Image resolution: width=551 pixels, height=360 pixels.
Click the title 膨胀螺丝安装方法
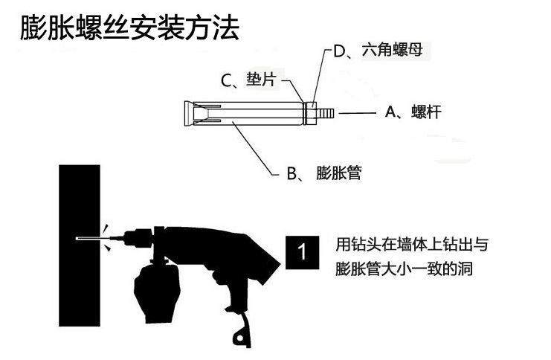click(x=129, y=27)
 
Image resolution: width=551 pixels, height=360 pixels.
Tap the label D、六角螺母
click(x=378, y=51)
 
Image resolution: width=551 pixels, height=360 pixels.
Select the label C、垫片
click(x=249, y=80)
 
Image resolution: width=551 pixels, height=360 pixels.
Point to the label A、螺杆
click(x=413, y=112)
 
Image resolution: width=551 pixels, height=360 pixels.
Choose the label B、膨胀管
click(x=324, y=173)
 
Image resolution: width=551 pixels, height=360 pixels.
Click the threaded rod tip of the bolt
click(x=325, y=113)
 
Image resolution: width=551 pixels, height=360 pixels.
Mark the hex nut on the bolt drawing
click(x=312, y=113)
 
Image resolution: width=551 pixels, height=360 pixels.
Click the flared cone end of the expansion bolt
click(x=189, y=113)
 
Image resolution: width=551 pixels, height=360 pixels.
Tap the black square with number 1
click(x=302, y=252)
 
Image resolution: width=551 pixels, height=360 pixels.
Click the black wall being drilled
click(x=80, y=245)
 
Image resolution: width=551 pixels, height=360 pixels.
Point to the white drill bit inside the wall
click(x=88, y=239)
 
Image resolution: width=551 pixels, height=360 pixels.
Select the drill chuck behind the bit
click(x=139, y=238)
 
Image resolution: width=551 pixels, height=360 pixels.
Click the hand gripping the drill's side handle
click(x=157, y=294)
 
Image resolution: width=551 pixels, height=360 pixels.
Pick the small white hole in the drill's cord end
click(x=240, y=338)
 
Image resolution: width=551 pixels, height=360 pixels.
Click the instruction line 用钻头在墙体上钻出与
click(x=412, y=244)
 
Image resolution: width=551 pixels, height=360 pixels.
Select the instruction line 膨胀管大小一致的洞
click(x=404, y=269)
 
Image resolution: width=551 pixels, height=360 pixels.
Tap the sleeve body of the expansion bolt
click(x=249, y=113)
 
